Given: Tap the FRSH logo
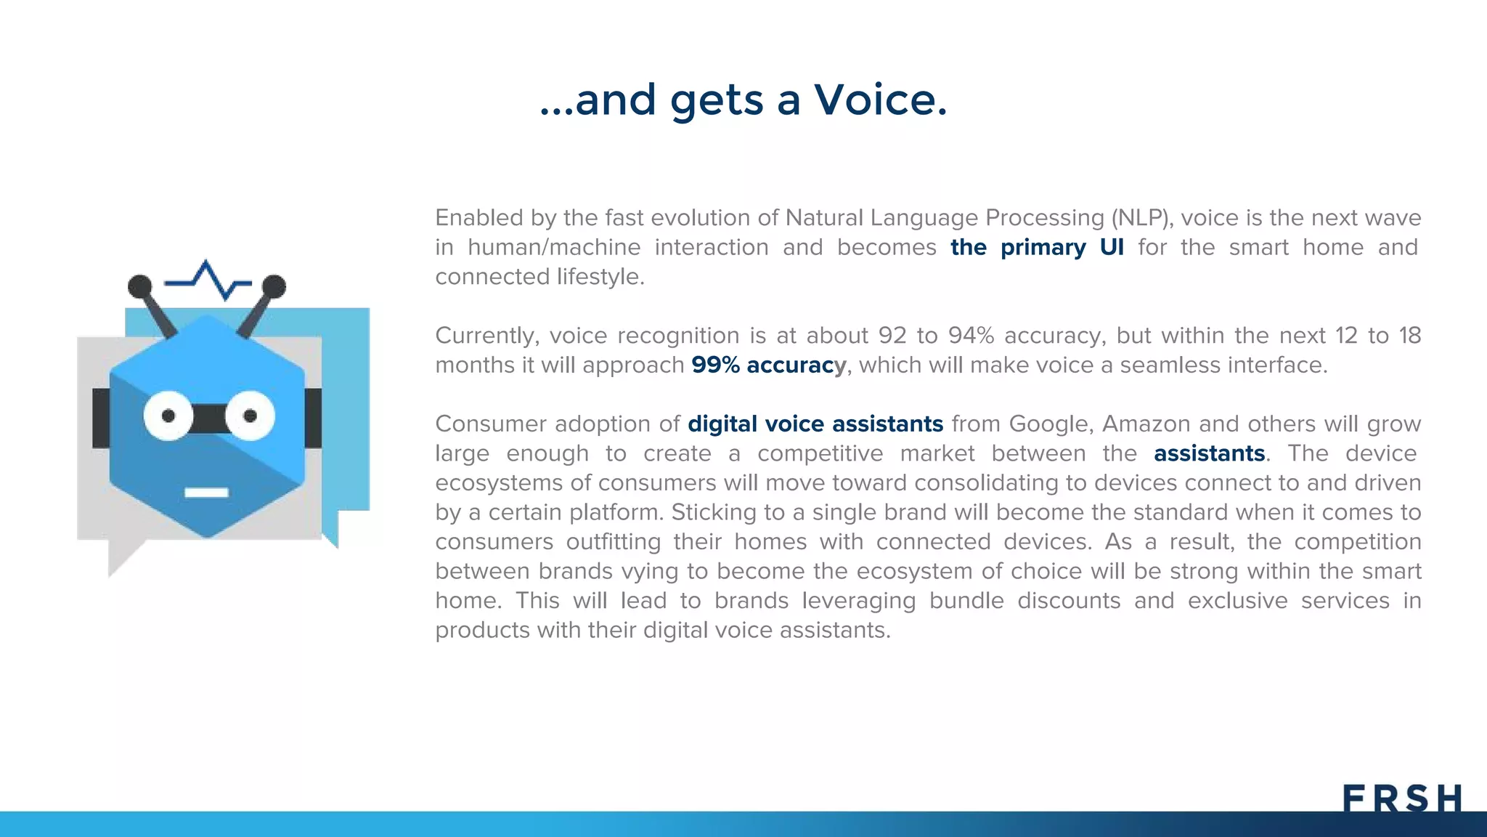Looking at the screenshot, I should [x=1401, y=798].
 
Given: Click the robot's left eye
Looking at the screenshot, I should [x=168, y=416].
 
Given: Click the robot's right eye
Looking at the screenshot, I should [x=250, y=416].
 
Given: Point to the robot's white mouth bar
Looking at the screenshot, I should [x=206, y=493].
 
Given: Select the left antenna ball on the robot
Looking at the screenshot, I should [x=139, y=286].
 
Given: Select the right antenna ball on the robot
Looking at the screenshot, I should [x=274, y=286].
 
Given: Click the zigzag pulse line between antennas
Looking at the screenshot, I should [x=209, y=280].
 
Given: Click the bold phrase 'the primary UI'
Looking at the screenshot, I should [x=1037, y=247].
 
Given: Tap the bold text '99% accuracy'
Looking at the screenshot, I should [x=768, y=365].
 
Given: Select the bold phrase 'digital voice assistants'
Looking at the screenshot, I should [x=815, y=424].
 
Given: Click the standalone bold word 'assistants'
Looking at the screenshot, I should [x=1209, y=453].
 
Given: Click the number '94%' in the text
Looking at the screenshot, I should [x=971, y=336].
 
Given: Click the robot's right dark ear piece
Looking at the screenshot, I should [x=313, y=418].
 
